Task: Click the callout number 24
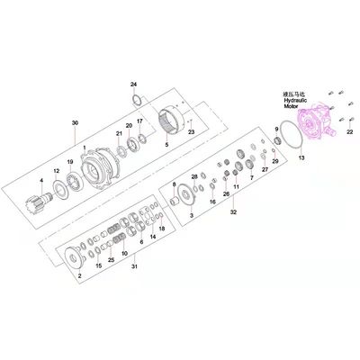[x=133, y=83]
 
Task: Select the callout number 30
[x=75, y=122]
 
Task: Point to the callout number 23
[x=190, y=131]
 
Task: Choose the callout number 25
[x=111, y=260]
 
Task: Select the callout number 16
[x=212, y=202]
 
